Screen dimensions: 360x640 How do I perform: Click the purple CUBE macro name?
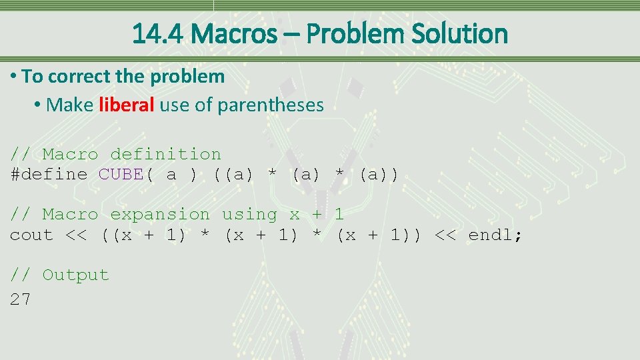click(121, 175)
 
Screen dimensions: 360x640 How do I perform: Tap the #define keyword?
click(49, 175)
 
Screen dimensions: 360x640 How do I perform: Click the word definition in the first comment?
click(165, 155)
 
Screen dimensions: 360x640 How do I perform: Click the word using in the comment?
click(249, 215)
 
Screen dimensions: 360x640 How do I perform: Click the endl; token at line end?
click(495, 235)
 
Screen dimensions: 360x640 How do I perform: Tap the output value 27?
click(21, 300)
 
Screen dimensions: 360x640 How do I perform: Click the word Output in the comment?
click(75, 275)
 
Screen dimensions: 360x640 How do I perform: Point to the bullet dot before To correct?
click(14, 77)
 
